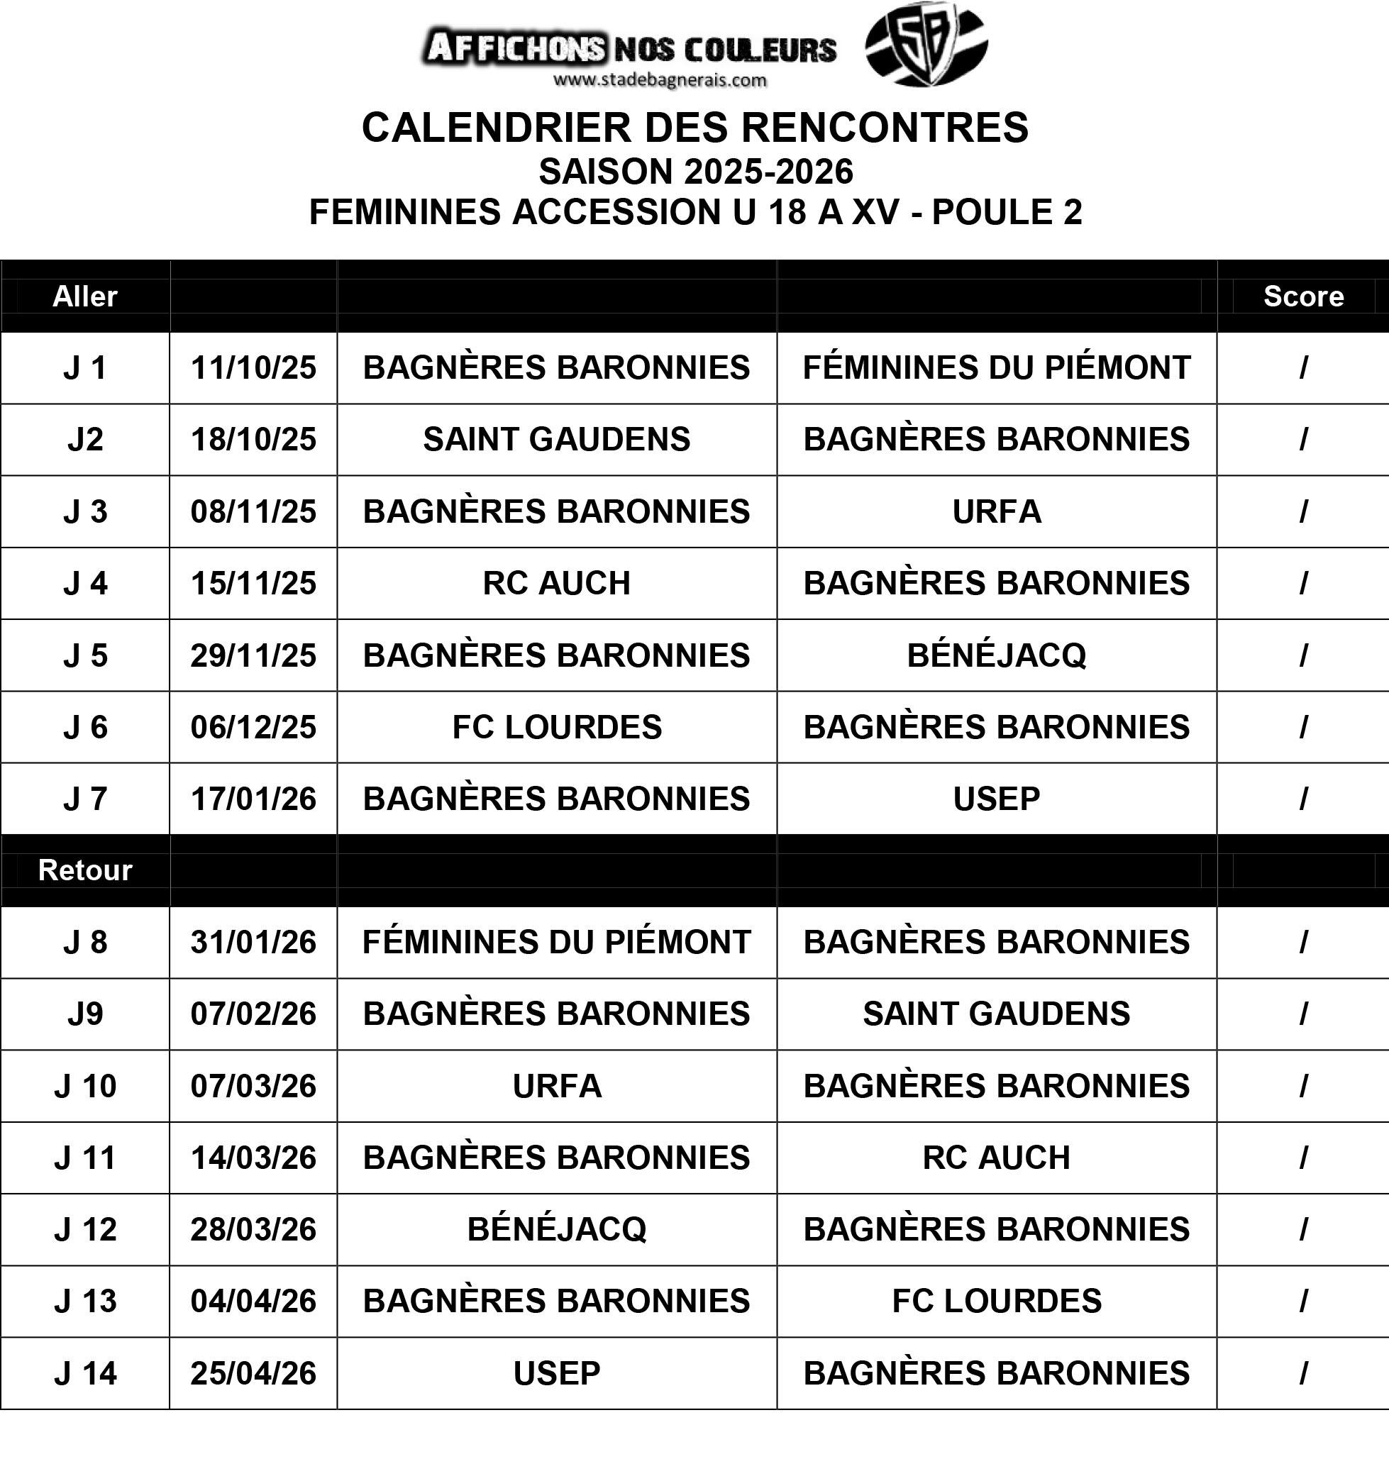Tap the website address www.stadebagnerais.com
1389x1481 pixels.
pos(660,80)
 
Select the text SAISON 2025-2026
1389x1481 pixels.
pos(695,172)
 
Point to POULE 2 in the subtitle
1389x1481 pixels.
pos(1006,212)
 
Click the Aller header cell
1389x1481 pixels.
pos(85,296)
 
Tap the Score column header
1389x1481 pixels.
pos(1302,296)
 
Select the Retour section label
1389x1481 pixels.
pos(85,870)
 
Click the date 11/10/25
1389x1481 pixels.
pos(253,368)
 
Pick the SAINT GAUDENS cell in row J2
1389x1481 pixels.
pos(557,440)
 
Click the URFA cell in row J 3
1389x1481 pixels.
pos(996,512)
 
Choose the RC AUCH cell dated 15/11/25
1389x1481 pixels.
pos(557,583)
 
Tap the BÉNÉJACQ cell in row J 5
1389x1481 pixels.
pos(996,655)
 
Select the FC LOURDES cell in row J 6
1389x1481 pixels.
pos(557,727)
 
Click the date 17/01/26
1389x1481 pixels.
pos(253,799)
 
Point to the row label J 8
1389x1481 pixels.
pos(85,943)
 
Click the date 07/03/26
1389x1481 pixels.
pos(253,1086)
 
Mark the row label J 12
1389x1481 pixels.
pos(85,1230)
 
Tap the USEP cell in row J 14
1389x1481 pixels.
pos(557,1374)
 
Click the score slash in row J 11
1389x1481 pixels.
pos(1302,1158)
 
